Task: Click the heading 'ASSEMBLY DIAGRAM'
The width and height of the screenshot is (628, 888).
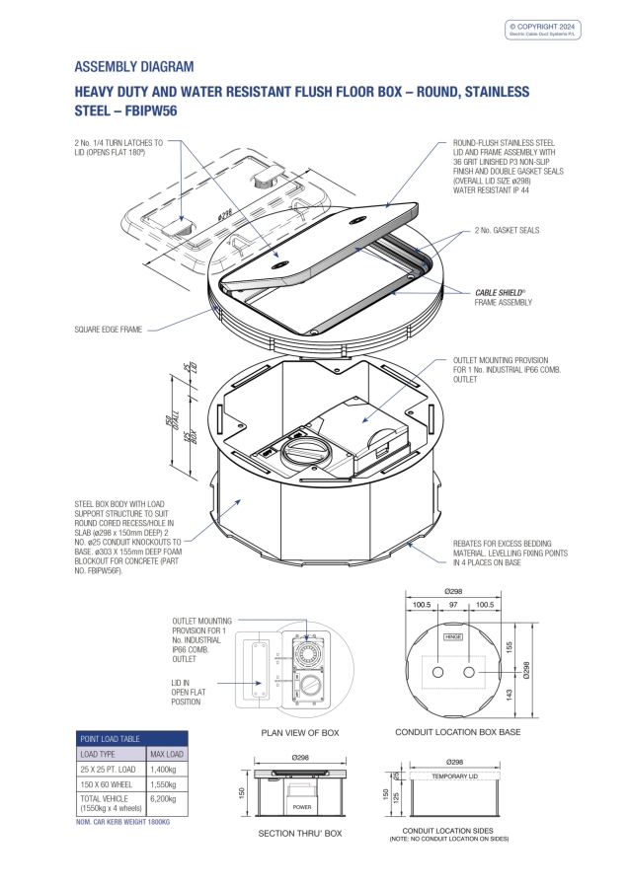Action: [x=134, y=67]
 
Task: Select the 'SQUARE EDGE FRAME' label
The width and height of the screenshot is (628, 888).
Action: [x=109, y=330]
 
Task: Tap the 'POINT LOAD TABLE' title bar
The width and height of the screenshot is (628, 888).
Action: [x=131, y=738]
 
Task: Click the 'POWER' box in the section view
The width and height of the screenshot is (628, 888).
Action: [x=302, y=806]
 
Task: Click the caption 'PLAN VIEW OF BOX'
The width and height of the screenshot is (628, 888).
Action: [x=299, y=733]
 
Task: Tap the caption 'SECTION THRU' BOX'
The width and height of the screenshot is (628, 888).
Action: [x=299, y=834]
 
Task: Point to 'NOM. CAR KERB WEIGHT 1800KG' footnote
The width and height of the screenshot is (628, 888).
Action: [x=123, y=821]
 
